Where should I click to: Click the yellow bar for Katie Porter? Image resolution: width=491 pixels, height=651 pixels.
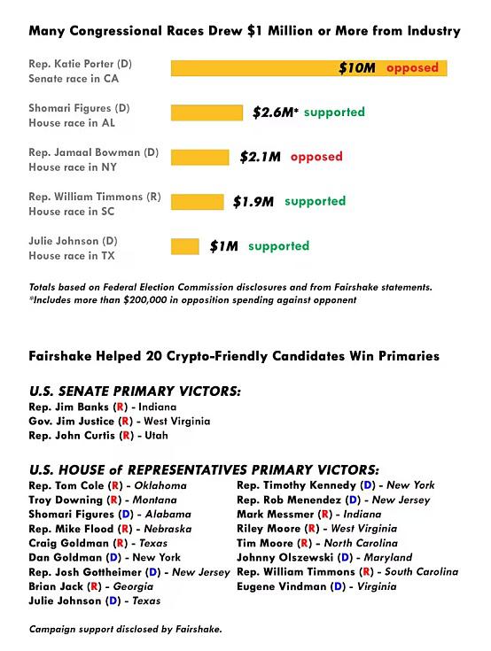(308, 68)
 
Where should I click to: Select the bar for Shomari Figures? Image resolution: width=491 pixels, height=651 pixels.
(207, 112)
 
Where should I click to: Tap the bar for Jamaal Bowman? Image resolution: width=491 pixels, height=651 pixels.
(199, 158)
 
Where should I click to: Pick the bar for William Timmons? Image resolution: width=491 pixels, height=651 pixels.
(198, 202)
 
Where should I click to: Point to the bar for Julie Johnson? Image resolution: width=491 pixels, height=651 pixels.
(185, 246)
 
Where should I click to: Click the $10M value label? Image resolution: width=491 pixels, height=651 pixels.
(357, 67)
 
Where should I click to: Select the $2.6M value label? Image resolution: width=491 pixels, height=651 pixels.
(275, 112)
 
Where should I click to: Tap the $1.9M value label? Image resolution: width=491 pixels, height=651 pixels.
(253, 202)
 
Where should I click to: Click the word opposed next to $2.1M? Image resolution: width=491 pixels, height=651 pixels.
(316, 157)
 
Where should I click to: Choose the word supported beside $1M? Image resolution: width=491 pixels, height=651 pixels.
(278, 246)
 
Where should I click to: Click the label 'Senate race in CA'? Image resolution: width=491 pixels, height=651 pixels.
(74, 79)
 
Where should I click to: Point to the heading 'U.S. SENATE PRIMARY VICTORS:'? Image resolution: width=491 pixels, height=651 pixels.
(135, 391)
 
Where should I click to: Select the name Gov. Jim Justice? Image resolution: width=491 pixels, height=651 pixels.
(71, 421)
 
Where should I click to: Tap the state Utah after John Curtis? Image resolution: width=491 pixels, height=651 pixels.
(156, 435)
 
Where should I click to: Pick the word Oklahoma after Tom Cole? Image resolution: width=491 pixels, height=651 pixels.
(160, 485)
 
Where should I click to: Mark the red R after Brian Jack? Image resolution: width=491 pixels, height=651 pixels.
(94, 586)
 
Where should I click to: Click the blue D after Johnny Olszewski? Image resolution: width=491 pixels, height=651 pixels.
(345, 557)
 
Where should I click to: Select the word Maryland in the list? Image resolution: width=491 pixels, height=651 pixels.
(388, 557)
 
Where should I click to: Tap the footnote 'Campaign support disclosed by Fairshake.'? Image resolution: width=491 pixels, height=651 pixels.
(126, 629)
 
